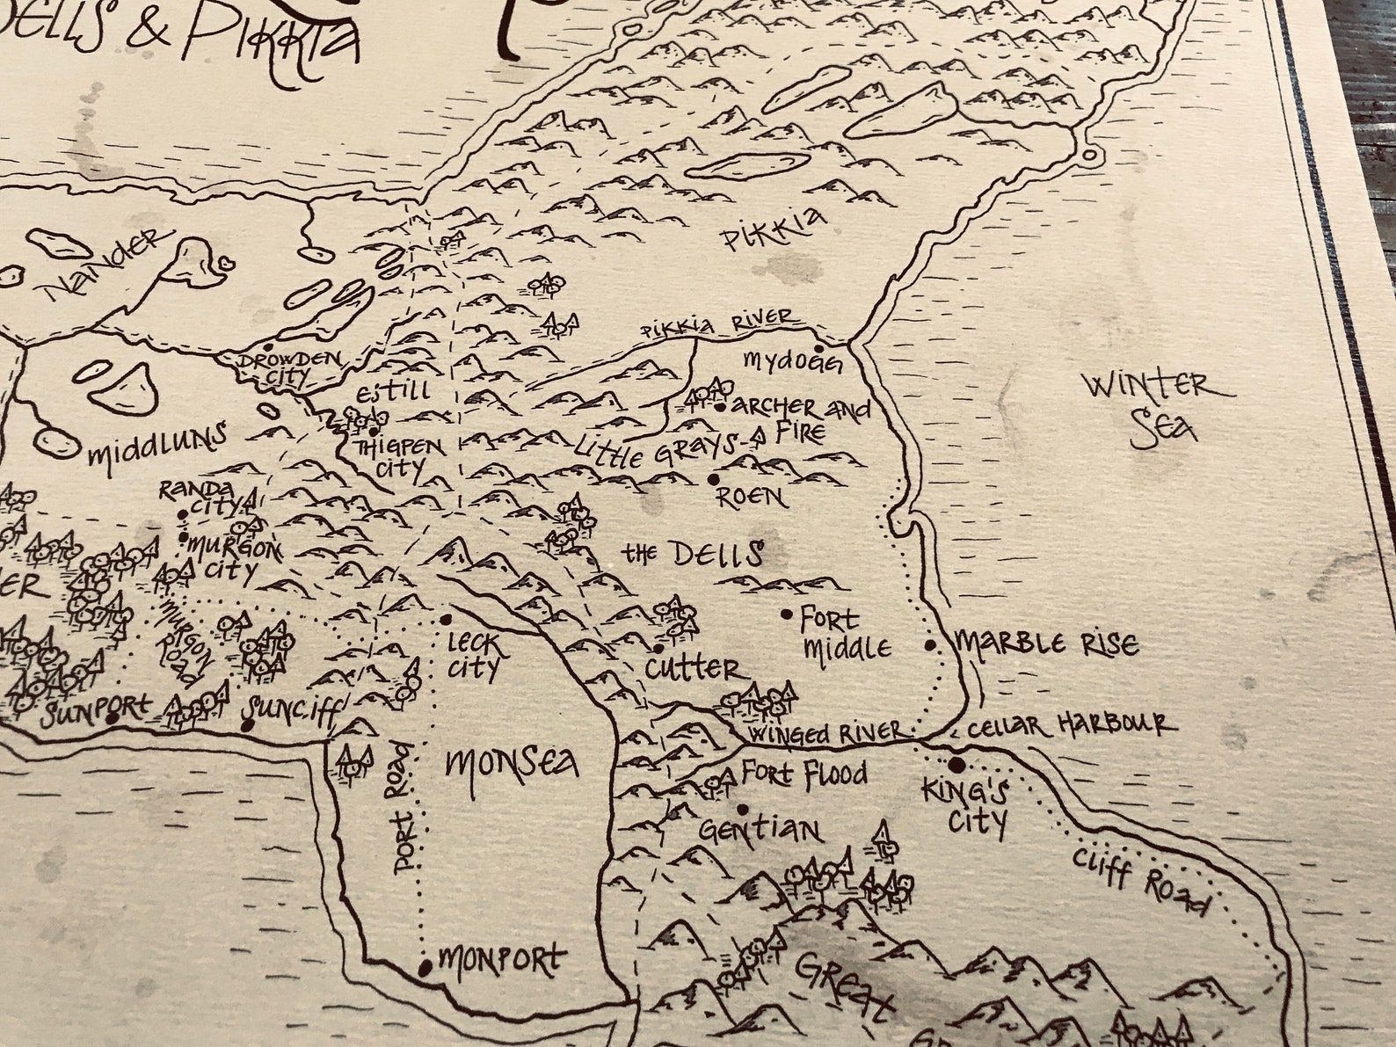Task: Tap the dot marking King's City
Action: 956,763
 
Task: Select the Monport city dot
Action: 425,968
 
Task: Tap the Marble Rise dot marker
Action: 930,646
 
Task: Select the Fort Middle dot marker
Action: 787,614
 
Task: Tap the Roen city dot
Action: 713,480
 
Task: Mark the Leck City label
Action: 473,656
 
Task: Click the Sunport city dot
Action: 112,718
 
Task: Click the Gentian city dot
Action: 743,810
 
